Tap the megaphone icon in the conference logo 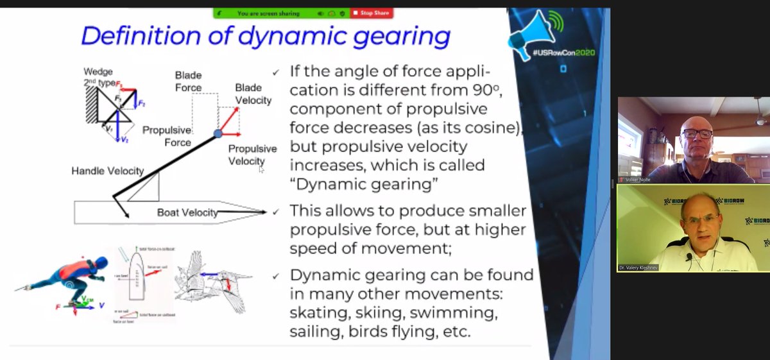pyautogui.click(x=526, y=36)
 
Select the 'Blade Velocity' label pyautogui.click(x=253, y=94)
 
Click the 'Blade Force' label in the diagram pyautogui.click(x=188, y=81)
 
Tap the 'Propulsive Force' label pyautogui.click(x=167, y=136)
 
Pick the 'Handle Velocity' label pyautogui.click(x=107, y=171)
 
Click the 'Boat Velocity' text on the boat pyautogui.click(x=187, y=212)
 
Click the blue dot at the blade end pyautogui.click(x=218, y=133)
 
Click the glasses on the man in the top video pyautogui.click(x=696, y=134)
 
